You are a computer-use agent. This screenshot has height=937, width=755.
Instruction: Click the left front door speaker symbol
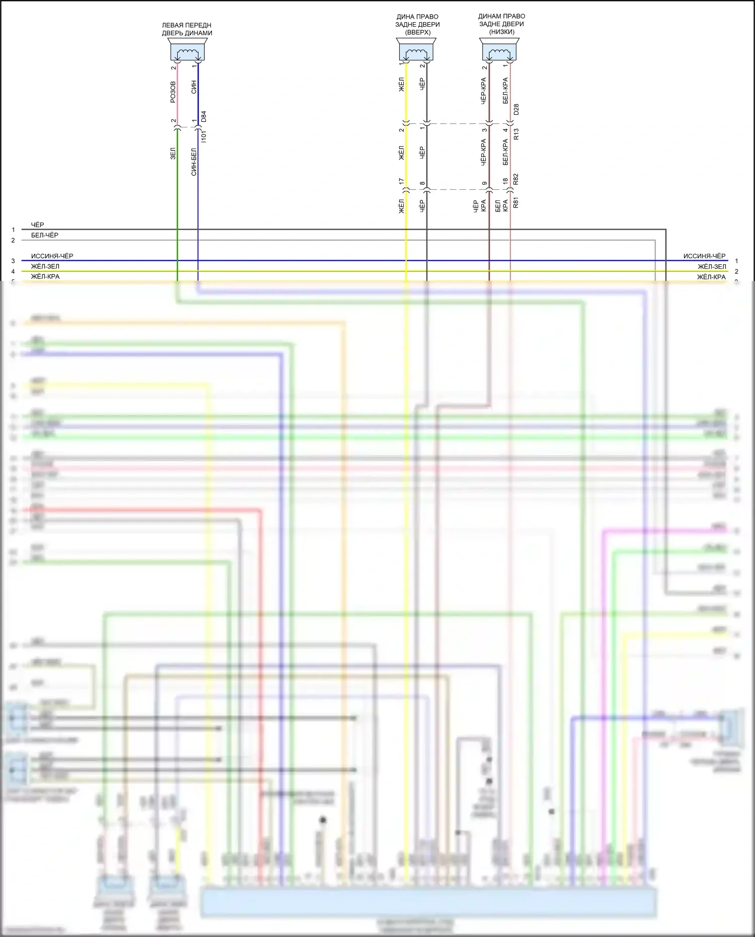tap(187, 51)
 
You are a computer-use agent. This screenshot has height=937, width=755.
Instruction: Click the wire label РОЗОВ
tap(173, 92)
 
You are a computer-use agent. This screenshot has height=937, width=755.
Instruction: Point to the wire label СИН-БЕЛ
tap(194, 162)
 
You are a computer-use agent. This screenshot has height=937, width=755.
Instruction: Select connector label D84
tap(204, 116)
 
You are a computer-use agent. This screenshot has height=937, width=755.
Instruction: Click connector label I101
tap(204, 136)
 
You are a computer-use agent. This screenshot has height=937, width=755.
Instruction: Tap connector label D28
tap(516, 110)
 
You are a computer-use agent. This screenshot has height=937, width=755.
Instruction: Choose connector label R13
tap(516, 134)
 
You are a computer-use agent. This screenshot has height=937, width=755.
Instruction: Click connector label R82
tap(516, 179)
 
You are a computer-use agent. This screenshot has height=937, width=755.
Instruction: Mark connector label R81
tap(516, 203)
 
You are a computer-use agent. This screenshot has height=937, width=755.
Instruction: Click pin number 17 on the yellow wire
tap(402, 181)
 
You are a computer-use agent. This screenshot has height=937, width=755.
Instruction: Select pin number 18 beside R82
tap(505, 181)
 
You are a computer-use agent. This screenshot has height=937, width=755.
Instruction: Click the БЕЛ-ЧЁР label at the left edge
tap(45, 235)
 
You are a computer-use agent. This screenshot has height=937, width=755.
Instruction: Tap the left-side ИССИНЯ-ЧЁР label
tap(52, 256)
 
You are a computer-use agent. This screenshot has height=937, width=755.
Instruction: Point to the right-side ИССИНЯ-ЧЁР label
tap(704, 256)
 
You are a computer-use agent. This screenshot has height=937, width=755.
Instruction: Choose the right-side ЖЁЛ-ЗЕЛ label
tap(712, 266)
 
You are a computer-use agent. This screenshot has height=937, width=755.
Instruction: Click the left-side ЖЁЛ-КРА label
tap(45, 276)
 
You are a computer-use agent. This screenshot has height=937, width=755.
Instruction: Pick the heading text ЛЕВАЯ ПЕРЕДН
tap(186, 25)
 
